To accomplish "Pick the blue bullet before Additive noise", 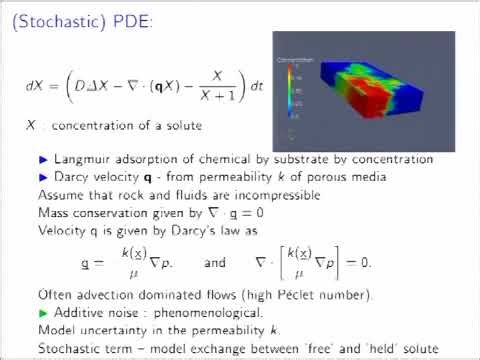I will [x=43, y=313].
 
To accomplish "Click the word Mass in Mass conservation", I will [x=54, y=212].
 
